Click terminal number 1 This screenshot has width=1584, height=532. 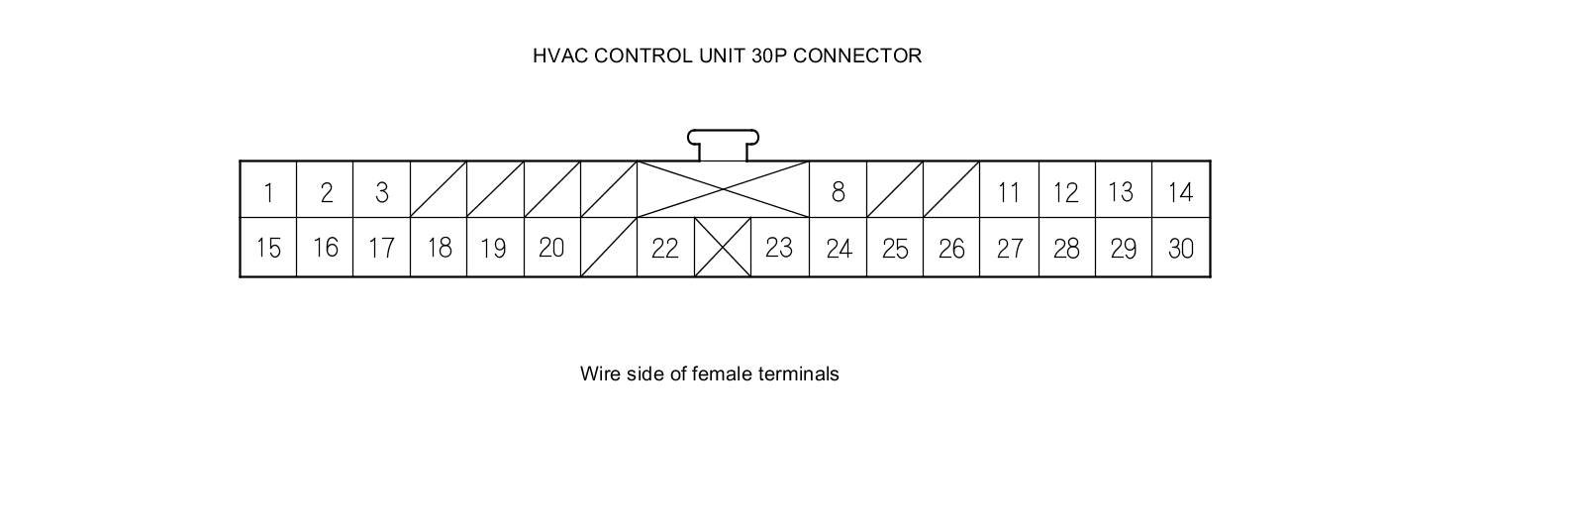tap(268, 191)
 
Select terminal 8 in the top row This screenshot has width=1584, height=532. tap(838, 191)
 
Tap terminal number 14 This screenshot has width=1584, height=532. tap(1180, 191)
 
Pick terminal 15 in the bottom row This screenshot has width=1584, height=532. tap(268, 248)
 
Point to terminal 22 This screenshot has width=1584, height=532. tap(664, 248)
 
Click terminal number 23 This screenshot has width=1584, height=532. tap(779, 248)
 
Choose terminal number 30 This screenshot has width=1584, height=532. tap(1180, 248)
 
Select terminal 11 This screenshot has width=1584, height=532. tap(1009, 191)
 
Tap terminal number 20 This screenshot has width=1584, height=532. tap(551, 248)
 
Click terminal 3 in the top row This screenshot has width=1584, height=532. tap(382, 191)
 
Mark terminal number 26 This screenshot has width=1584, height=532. tap(951, 248)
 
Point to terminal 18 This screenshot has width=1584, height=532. tap(439, 248)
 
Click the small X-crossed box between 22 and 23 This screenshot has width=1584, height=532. tap(723, 248)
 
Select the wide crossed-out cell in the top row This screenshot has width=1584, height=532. tap(723, 188)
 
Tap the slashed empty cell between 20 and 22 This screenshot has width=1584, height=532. tap(608, 248)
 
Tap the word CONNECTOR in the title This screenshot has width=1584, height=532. tap(857, 55)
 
